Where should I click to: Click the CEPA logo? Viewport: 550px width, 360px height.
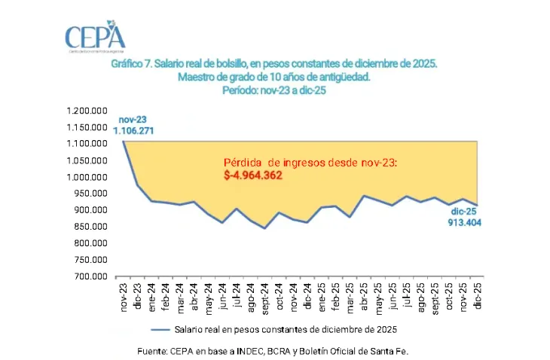[95, 38]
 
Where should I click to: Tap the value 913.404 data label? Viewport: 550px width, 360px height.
[463, 222]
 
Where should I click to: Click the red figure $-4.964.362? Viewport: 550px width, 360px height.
[258, 175]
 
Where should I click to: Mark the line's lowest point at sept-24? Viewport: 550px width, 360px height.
[264, 228]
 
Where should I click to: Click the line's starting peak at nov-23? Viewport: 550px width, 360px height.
[123, 142]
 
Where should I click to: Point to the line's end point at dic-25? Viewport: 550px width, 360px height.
[478, 206]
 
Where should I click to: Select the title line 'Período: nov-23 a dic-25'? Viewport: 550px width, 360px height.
[274, 90]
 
